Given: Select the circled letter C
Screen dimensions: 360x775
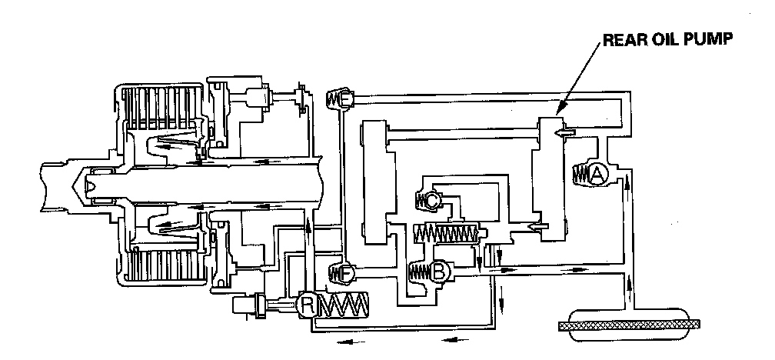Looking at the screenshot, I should pyautogui.click(x=433, y=201).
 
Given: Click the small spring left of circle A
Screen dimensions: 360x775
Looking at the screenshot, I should pyautogui.click(x=581, y=175).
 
